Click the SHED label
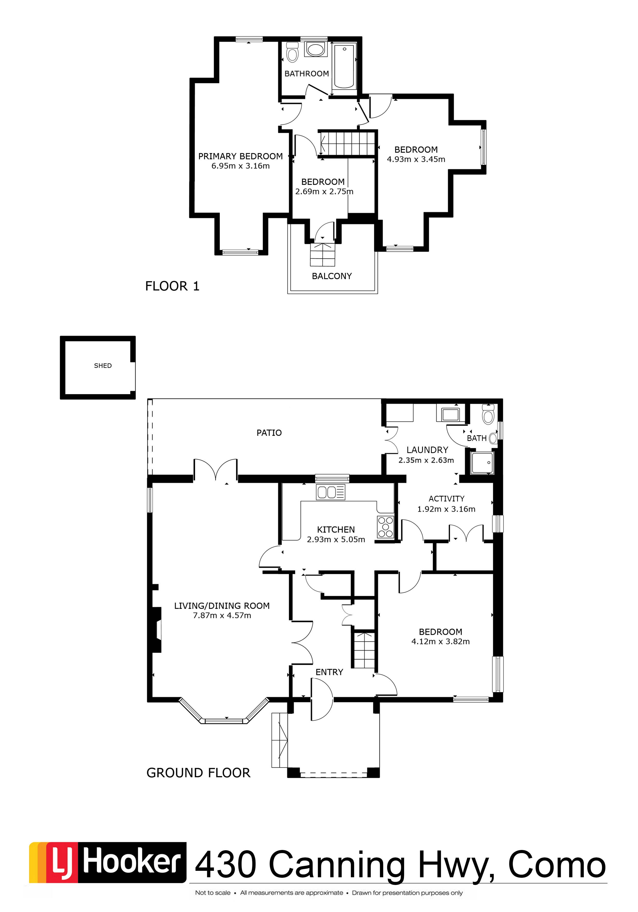103,366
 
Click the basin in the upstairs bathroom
316,50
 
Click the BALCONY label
332,276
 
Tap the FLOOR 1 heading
172,286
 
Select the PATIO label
269,432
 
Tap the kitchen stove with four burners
385,527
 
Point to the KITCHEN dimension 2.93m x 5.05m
336,540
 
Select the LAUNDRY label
427,450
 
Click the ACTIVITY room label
447,499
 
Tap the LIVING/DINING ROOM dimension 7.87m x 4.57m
222,615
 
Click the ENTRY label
329,672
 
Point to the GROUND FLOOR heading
199,772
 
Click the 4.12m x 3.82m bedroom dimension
441,641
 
